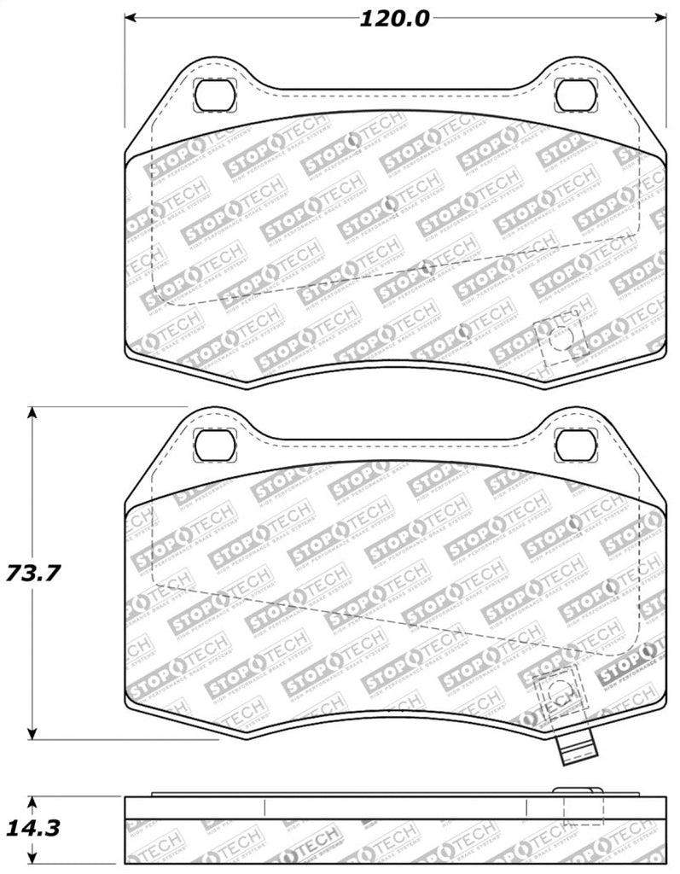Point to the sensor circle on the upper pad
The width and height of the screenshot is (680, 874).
559,339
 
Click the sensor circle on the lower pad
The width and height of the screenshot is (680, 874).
559,692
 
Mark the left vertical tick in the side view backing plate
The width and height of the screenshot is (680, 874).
265,807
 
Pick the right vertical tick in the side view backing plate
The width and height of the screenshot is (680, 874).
526,807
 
